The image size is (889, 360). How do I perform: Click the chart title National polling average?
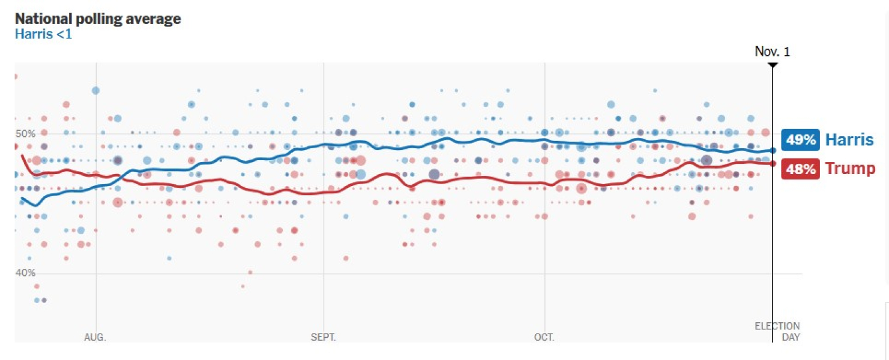coord(98,19)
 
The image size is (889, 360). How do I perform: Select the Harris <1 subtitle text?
coord(43,34)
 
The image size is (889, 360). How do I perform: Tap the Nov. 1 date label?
coord(773,52)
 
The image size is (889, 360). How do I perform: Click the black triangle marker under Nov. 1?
coord(773,64)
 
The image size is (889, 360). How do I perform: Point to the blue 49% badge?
coord(801,140)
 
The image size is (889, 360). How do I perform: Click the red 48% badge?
coord(801,169)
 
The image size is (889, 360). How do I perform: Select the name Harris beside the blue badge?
coord(849,140)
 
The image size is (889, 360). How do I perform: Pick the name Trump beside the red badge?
coord(850,169)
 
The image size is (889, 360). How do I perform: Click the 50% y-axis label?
coord(25,133)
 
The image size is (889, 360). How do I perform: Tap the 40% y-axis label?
coord(25,272)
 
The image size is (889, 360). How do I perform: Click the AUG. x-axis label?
coord(95,337)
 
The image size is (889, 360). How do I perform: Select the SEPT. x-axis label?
coord(323,337)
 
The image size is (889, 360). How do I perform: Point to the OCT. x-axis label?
coord(544,337)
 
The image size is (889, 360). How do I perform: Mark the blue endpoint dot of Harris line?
coord(773,151)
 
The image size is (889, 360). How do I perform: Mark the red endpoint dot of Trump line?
coord(773,163)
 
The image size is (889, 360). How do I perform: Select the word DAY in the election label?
coord(791,337)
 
